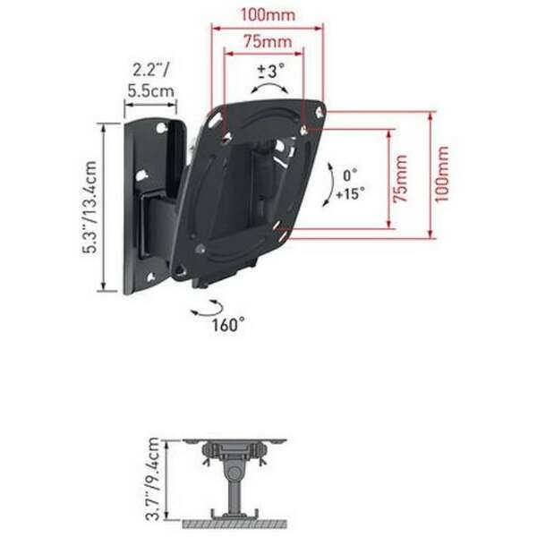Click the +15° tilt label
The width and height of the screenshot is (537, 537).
coord(350,193)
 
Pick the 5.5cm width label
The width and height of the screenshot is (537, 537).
coord(150,91)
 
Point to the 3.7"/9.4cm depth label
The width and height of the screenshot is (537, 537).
coord(154,479)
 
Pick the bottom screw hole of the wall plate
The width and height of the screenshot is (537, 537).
coord(161,264)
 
